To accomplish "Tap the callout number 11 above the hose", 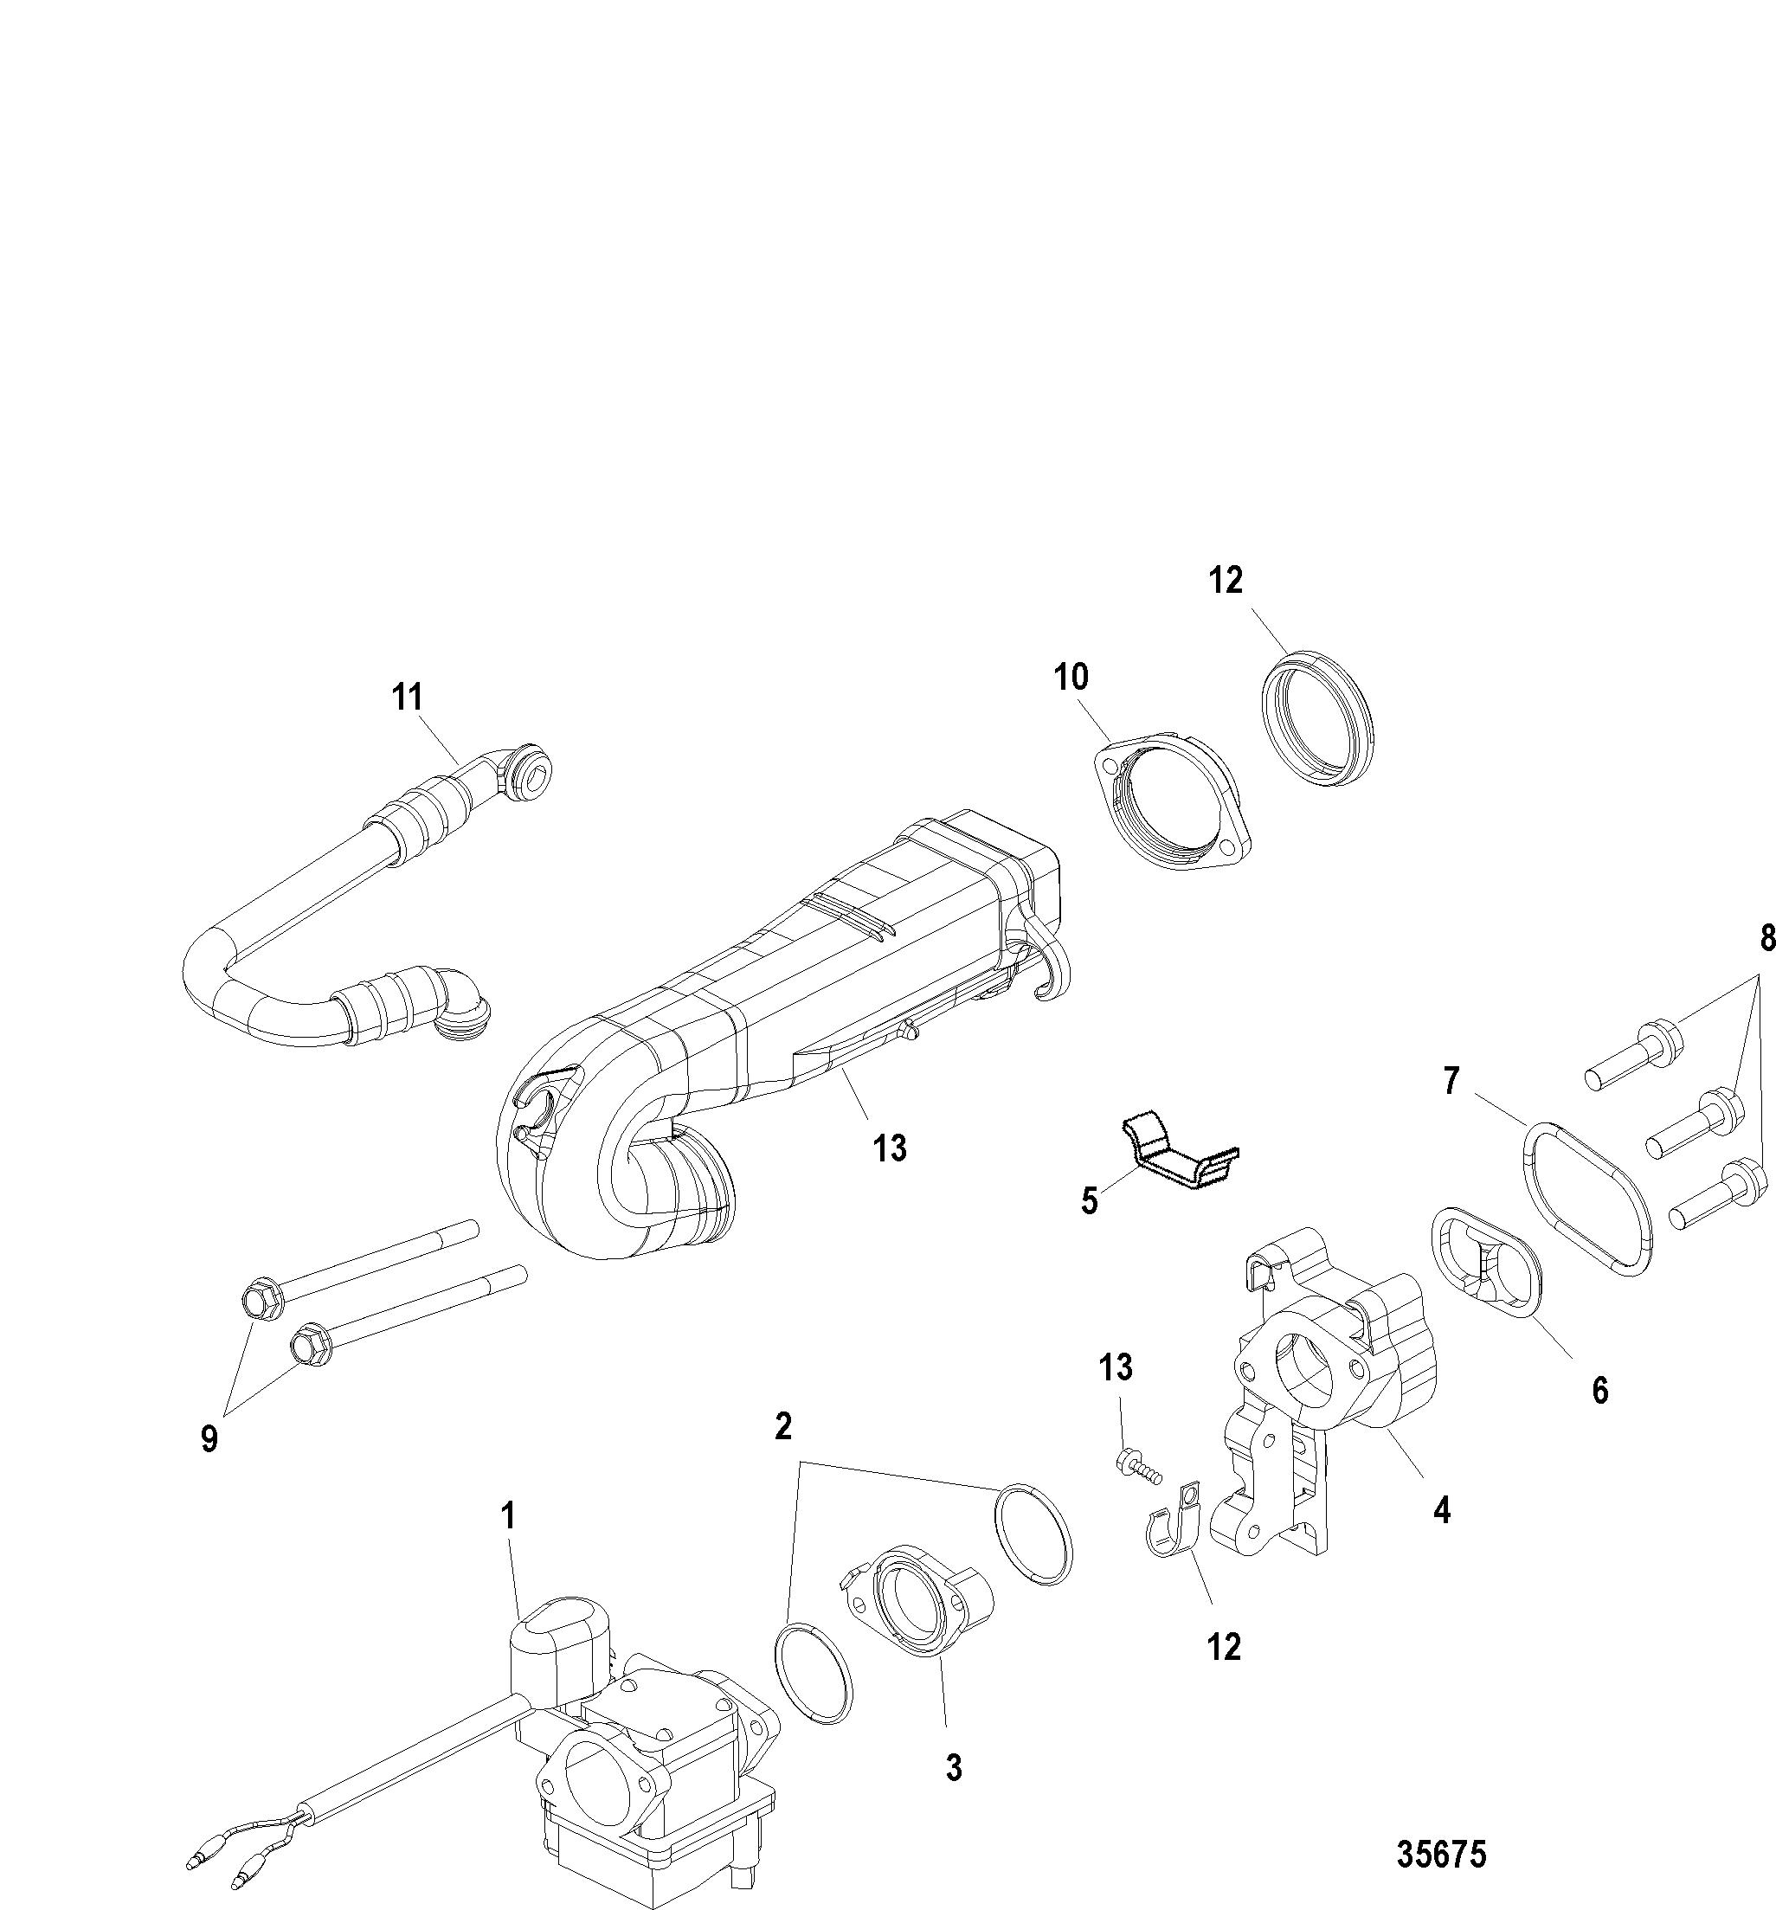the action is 408,698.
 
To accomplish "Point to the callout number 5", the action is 1089,1201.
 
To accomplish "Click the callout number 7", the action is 1451,1083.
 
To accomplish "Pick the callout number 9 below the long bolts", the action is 209,1438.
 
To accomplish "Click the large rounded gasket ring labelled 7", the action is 1587,1200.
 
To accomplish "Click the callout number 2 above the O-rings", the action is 783,1427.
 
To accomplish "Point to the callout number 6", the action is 1599,1389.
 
